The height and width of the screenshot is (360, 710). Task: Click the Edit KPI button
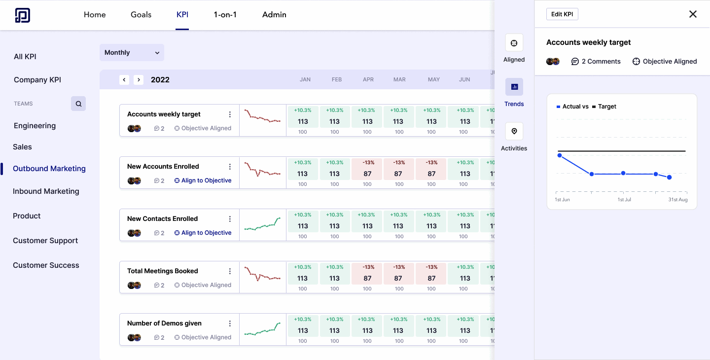click(x=562, y=14)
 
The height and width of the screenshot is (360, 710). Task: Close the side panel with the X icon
click(x=693, y=14)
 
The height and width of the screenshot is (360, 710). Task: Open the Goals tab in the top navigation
click(x=141, y=15)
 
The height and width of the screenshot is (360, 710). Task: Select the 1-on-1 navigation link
click(x=225, y=15)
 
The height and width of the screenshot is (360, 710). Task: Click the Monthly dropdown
click(x=132, y=53)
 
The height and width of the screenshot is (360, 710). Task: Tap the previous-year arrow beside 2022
click(x=124, y=80)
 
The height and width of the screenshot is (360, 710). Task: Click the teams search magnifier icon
click(x=78, y=104)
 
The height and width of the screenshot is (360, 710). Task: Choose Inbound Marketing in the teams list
click(x=46, y=191)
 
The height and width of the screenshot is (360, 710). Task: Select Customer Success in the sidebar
click(x=46, y=265)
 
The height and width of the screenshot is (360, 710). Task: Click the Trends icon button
click(x=514, y=87)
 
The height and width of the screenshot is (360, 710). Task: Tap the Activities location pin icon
click(x=514, y=131)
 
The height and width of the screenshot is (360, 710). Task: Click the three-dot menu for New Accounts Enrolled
click(x=230, y=167)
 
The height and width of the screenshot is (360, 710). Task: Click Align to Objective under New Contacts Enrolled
click(x=203, y=233)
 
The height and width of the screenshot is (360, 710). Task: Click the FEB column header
click(x=337, y=79)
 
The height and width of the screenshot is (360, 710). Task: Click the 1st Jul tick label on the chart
click(x=624, y=200)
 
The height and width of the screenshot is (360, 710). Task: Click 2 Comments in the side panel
click(x=596, y=62)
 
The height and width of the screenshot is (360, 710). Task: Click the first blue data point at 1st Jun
click(x=560, y=155)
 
